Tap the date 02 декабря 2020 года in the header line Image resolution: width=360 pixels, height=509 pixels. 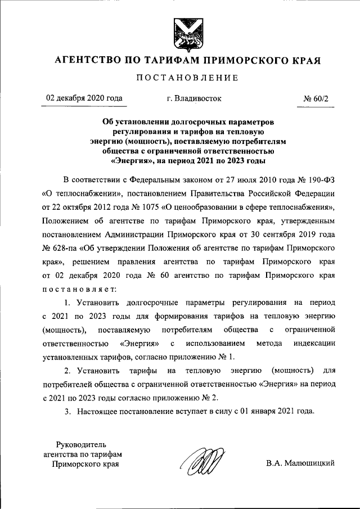tap(85, 98)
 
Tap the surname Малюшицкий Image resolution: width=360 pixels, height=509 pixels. tap(308, 463)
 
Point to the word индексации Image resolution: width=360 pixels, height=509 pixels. tap(314, 343)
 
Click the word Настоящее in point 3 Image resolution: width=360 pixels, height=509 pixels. tap(94, 412)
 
